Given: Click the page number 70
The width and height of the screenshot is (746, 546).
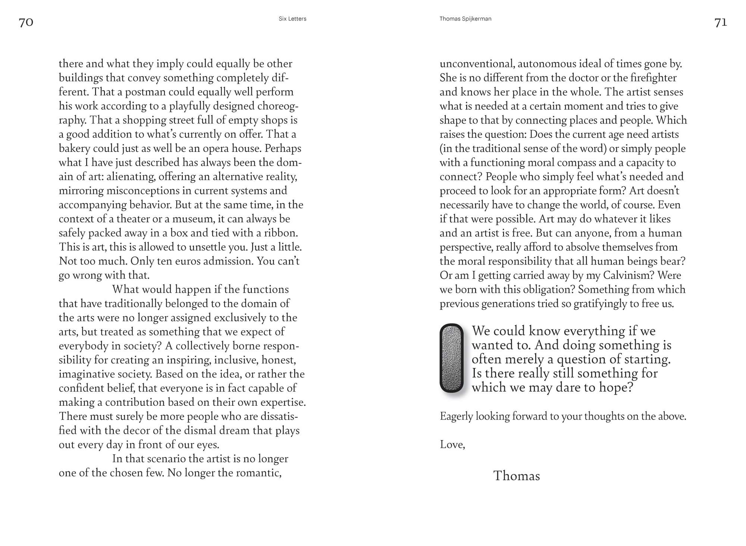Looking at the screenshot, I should pos(26,22).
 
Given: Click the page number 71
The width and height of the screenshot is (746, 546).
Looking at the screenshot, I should pos(721,22).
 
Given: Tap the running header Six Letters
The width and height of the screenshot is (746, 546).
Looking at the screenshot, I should pos(292,19).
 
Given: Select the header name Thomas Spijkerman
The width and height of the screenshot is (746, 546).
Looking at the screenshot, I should pos(465,19).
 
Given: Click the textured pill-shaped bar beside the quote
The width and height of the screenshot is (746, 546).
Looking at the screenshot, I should pos(451,358).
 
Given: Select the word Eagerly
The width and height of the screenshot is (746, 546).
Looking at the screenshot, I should pos(456,417).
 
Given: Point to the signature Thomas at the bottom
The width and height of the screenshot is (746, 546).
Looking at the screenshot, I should pos(517,476).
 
